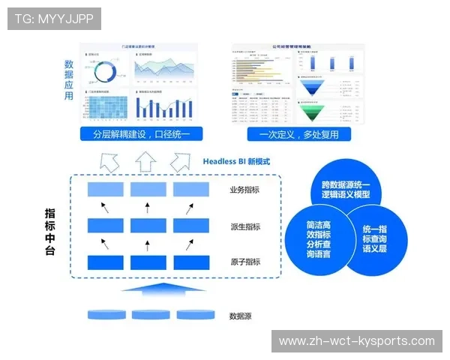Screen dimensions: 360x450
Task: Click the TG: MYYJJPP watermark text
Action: point(53,18)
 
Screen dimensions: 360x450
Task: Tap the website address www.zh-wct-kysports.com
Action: point(356,341)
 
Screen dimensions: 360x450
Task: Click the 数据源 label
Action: point(240,316)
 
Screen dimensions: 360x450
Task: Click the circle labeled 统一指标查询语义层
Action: point(375,238)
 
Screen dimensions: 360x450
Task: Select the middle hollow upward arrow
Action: point(146,160)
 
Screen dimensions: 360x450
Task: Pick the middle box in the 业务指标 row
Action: point(148,190)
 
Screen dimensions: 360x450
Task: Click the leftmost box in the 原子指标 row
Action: point(105,262)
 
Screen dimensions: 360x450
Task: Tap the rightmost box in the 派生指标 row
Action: point(190,226)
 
